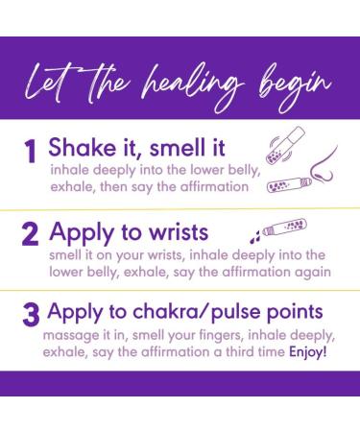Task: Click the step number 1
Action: coord(30,152)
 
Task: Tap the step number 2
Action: coord(30,234)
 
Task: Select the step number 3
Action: coord(31,315)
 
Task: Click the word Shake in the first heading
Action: coord(82,148)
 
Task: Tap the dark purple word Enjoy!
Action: coord(308,352)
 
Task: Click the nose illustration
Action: coord(324,166)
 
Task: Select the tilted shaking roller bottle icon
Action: coord(285,146)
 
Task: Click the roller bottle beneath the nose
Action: coord(289,185)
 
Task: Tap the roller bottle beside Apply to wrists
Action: coord(284,227)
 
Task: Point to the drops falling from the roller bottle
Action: coord(255,236)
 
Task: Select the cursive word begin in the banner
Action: coord(295,86)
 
